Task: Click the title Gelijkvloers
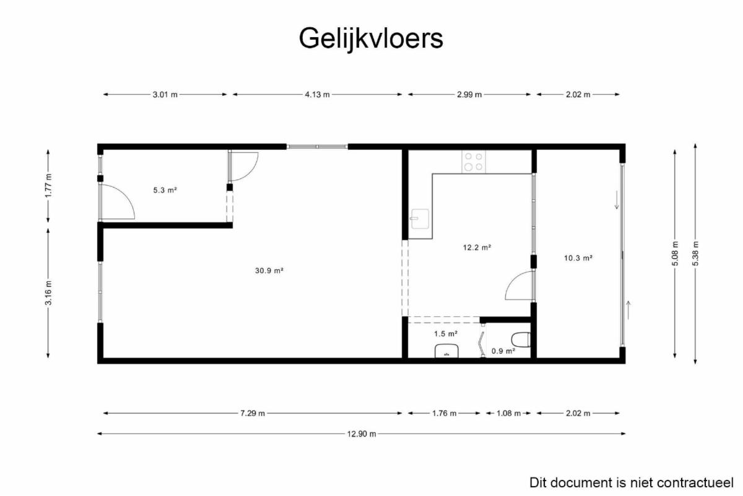[371, 39]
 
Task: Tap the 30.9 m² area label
[269, 271]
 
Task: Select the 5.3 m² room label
[165, 190]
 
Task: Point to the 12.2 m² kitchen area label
[477, 248]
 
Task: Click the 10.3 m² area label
[578, 258]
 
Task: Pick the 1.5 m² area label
[446, 334]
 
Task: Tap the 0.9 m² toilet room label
[503, 351]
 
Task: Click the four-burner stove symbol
[474, 162]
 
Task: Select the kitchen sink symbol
[420, 219]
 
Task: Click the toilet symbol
[521, 340]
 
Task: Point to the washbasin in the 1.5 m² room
[446, 351]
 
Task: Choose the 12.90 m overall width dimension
[362, 434]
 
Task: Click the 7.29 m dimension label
[253, 414]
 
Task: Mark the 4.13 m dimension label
[318, 95]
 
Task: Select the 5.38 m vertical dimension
[696, 253]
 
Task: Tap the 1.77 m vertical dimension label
[49, 185]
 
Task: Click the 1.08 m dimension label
[508, 414]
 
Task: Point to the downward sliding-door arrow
[617, 200]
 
